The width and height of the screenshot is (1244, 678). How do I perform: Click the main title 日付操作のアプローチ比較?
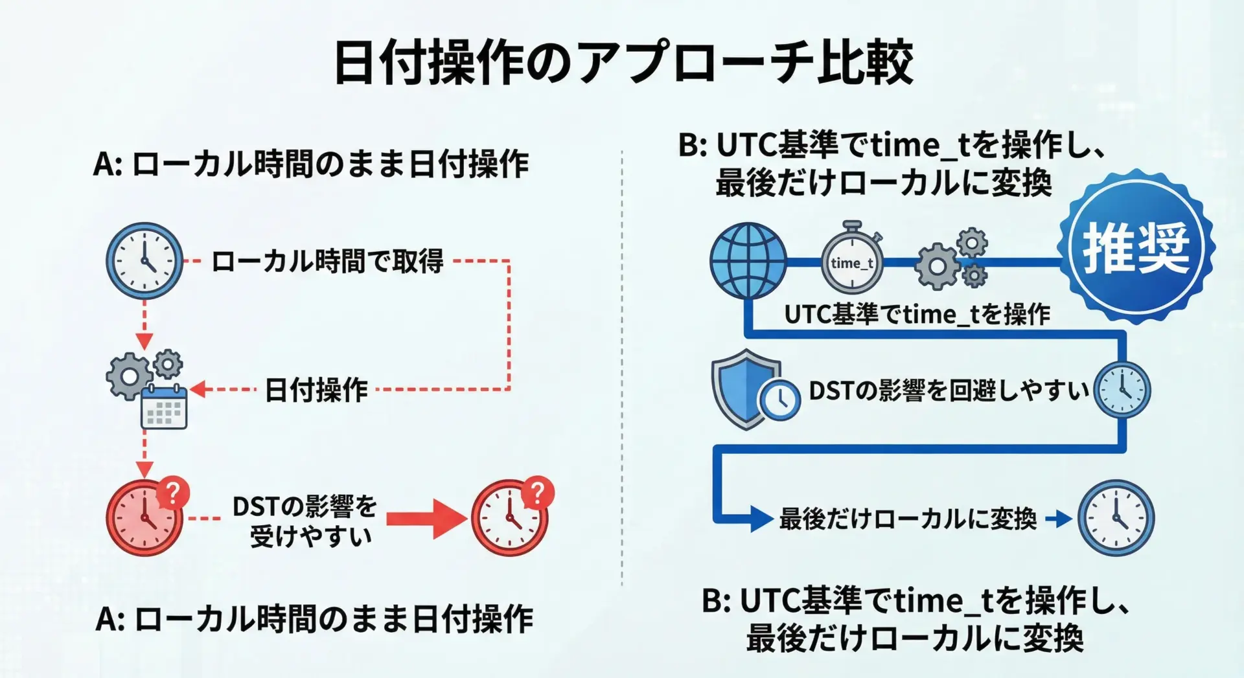pos(623,62)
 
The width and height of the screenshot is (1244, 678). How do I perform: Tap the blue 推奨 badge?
pos(1136,247)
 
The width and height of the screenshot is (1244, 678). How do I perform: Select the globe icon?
pos(748,261)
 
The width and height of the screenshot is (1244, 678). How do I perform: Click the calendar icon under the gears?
pos(164,406)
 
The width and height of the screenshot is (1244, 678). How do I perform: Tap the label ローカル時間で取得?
pos(327,261)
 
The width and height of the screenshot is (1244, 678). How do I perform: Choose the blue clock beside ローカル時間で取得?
pos(144,261)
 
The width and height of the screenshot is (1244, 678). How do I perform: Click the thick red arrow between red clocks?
pos(427,518)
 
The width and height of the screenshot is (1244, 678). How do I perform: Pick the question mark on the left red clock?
pos(173,493)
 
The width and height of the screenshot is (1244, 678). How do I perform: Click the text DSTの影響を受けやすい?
pos(305,521)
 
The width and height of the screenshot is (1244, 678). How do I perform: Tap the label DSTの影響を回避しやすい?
pos(949,390)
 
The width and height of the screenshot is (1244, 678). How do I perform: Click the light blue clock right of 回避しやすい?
pos(1122,390)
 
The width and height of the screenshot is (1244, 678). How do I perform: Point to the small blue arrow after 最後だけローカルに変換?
pos(1059,519)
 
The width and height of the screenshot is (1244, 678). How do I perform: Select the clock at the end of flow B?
pos(1116,518)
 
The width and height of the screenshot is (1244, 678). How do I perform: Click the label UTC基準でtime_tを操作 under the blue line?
pos(917,314)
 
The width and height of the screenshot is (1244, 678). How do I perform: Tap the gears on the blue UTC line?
pos(951,258)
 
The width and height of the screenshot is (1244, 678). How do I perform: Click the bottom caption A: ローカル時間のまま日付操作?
pos(314,619)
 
